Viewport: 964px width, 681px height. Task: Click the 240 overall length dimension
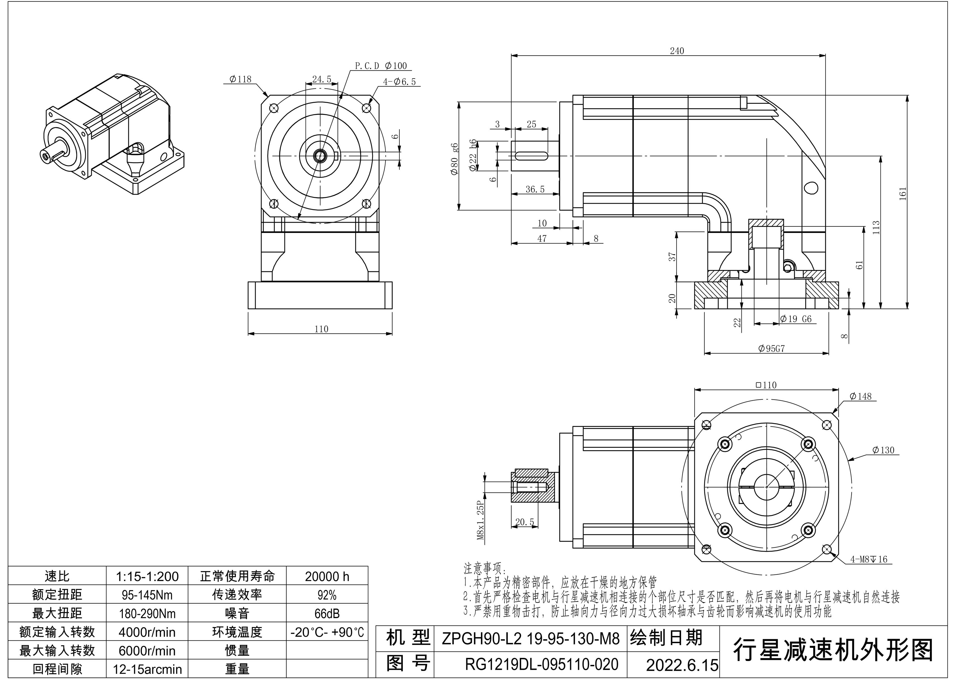676,51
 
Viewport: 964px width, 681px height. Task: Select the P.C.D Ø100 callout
380,66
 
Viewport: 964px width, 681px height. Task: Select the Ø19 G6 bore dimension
796,319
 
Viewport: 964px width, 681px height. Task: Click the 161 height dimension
903,194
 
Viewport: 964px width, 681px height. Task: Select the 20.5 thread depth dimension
524,522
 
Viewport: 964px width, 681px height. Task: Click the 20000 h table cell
327,577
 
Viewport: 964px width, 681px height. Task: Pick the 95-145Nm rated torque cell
147,595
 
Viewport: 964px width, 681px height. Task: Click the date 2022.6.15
682,665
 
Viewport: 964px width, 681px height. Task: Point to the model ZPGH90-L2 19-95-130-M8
531,639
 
